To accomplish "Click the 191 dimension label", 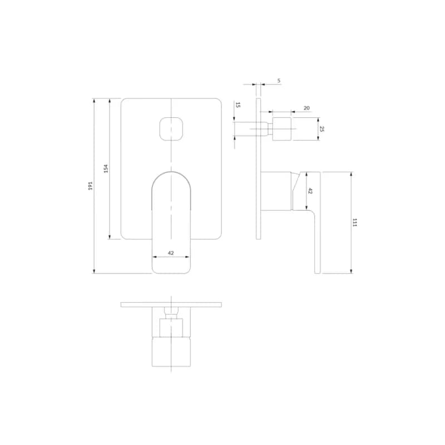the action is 90,186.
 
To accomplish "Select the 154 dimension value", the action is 106,169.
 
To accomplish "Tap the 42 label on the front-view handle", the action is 171,253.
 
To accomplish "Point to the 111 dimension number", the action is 354,222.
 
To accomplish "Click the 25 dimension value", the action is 322,129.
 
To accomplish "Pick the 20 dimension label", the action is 306,108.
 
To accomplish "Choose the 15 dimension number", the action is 238,105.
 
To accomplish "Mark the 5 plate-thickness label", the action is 279,81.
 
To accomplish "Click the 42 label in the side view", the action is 310,191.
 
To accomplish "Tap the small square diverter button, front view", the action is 171,128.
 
